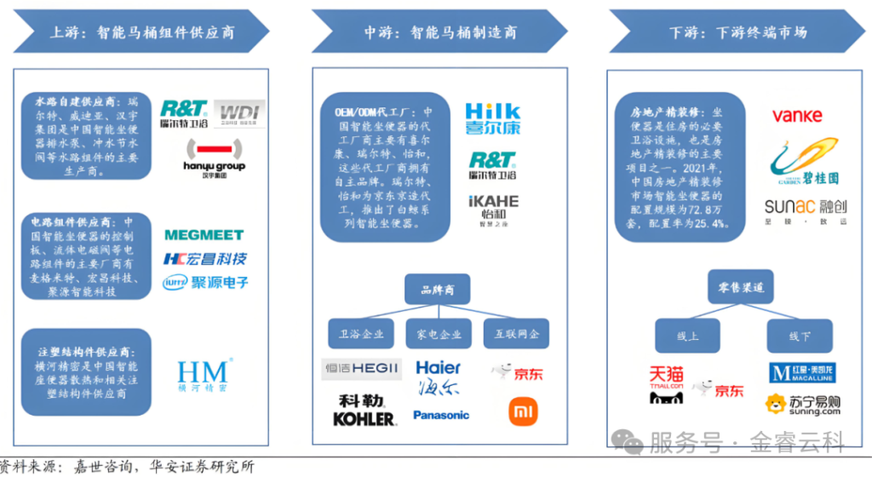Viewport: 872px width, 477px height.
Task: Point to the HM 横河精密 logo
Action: pos(203,375)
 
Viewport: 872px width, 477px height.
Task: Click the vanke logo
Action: pos(797,116)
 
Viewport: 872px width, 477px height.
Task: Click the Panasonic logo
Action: pos(441,415)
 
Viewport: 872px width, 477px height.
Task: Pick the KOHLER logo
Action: pos(364,418)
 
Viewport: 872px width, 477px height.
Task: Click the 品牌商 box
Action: pos(438,290)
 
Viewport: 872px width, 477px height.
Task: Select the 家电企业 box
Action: pos(439,333)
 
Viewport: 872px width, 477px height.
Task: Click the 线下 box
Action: pos(799,336)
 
